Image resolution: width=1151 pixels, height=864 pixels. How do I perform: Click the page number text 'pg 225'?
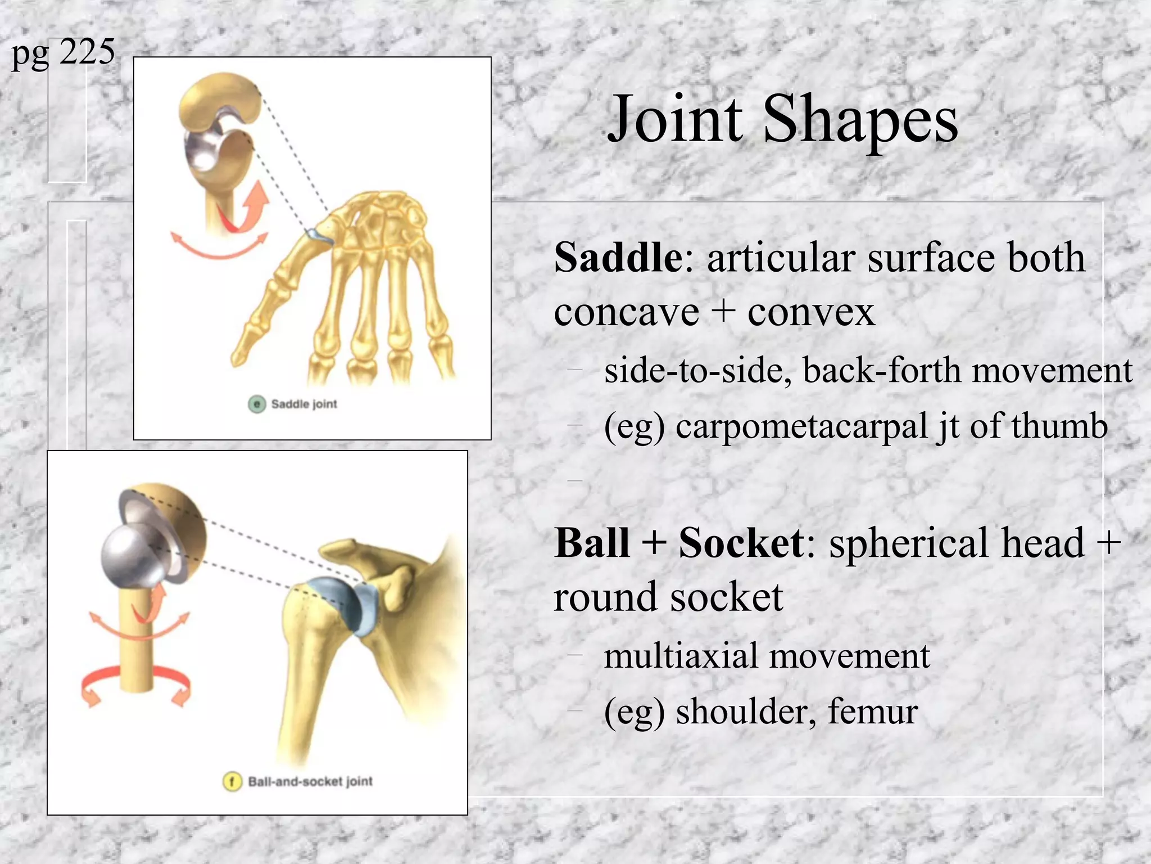tap(63, 52)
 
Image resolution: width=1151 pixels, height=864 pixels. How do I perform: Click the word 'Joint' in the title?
tap(675, 119)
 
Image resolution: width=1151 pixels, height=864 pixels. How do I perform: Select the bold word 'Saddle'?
tap(618, 258)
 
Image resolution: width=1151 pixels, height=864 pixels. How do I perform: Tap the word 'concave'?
tap(626, 312)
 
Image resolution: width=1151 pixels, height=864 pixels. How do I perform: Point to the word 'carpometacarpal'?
tap(801, 426)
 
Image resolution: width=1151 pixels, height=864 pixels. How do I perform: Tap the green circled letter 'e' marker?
tap(257, 404)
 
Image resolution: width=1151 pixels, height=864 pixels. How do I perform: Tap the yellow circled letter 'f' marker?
tap(232, 781)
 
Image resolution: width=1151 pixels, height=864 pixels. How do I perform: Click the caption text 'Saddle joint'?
tap(304, 404)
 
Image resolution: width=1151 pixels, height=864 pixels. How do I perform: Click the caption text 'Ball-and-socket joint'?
tap(310, 781)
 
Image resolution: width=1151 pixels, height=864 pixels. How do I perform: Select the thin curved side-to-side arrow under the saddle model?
tap(219, 250)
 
